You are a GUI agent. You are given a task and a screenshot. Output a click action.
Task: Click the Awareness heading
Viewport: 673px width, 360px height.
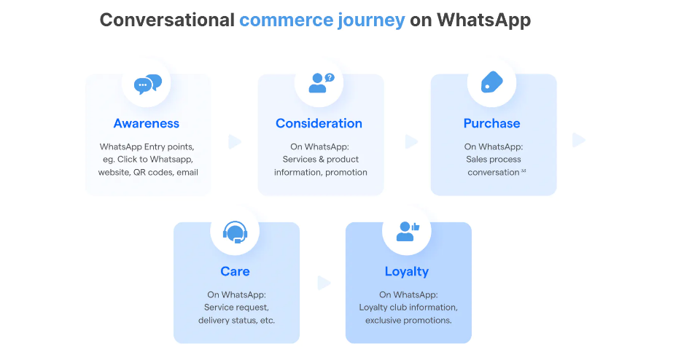[147, 124]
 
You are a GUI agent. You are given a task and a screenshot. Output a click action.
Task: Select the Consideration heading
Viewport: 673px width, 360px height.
[319, 124]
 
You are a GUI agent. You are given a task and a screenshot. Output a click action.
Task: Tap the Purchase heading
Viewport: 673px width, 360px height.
[492, 124]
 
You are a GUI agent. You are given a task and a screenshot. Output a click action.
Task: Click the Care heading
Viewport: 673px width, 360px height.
[235, 272]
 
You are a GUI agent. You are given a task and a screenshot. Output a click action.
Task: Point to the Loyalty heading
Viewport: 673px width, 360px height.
[407, 272]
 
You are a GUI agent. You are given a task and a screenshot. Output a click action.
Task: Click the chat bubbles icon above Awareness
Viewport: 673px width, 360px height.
[147, 84]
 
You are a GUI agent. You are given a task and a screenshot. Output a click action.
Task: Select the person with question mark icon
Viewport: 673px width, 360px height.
[321, 83]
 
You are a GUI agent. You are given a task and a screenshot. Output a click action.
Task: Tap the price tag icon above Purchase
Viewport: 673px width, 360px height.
[492, 82]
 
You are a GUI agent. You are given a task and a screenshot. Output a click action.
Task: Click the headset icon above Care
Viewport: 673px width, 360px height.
[235, 232]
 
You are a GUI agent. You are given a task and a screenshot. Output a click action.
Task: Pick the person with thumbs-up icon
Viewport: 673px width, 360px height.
[408, 232]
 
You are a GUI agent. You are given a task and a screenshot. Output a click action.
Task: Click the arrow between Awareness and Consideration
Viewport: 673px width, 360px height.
[235, 142]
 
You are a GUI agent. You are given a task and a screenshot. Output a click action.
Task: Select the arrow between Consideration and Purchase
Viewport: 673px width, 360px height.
[412, 141]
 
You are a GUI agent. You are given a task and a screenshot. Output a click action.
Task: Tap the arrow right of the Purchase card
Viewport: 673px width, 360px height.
[579, 141]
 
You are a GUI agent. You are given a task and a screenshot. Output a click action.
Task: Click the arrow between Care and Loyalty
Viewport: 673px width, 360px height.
[324, 283]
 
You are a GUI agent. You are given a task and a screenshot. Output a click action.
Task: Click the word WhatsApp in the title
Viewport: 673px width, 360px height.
[483, 20]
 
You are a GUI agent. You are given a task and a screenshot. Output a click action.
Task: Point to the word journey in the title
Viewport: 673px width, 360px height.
[371, 20]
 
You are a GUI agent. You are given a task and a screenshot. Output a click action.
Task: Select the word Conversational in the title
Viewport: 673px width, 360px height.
[167, 20]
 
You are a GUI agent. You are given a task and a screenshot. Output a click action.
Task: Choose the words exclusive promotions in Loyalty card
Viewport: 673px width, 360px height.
[408, 321]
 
